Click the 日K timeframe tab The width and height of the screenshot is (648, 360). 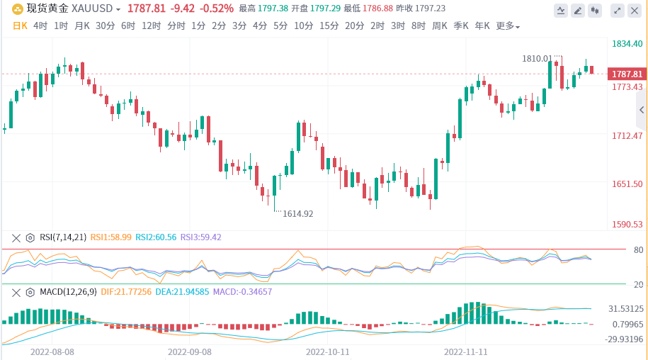click(20, 26)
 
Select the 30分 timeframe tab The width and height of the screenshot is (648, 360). click(105, 26)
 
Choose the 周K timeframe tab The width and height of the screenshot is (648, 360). click(440, 26)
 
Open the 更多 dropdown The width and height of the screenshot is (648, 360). click(507, 26)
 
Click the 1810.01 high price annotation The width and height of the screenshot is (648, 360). click(537, 58)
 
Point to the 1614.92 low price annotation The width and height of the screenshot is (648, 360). click(298, 213)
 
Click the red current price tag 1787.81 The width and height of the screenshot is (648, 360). click(627, 74)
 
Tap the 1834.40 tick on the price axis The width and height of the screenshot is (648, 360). click(627, 44)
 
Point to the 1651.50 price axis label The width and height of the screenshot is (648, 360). click(627, 184)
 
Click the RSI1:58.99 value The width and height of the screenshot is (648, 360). click(112, 237)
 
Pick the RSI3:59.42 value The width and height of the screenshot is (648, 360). click(201, 237)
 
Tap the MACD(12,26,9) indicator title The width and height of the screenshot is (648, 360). click(68, 291)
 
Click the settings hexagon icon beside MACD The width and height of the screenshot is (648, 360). click(30, 292)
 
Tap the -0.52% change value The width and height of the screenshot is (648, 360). click(217, 9)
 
